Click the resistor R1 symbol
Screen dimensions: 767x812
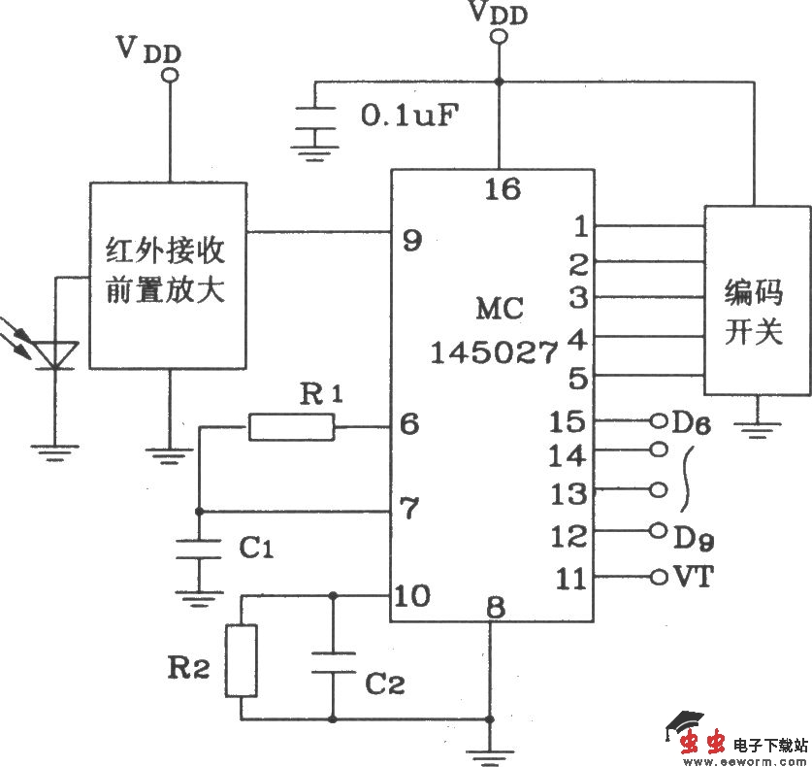pyautogui.click(x=290, y=426)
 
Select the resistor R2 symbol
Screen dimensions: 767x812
pyautogui.click(x=242, y=660)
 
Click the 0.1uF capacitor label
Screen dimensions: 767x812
pyautogui.click(x=409, y=116)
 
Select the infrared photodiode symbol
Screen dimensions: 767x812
pyautogui.click(x=54, y=354)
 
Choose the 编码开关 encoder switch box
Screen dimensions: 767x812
pyautogui.click(x=757, y=300)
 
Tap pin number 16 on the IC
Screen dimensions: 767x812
pyautogui.click(x=502, y=188)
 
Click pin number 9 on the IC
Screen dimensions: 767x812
pyautogui.click(x=412, y=240)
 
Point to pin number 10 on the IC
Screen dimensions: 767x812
pyautogui.click(x=414, y=595)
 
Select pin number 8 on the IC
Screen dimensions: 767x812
pyautogui.click(x=496, y=609)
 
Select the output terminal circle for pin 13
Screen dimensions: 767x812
pyautogui.click(x=660, y=490)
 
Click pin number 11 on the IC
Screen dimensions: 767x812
pyautogui.click(x=572, y=580)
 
